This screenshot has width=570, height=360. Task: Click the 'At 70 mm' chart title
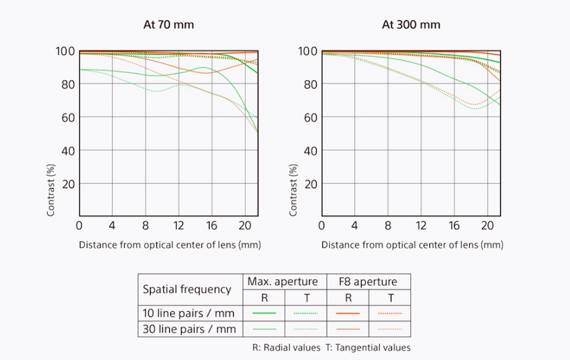point(168,25)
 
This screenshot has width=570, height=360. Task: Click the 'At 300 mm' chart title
point(410,25)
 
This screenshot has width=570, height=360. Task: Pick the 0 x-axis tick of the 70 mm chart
point(79,225)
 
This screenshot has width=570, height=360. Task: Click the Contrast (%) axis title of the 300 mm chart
point(294,190)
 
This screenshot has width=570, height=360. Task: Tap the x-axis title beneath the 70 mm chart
point(170,244)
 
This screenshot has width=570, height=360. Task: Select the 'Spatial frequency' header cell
point(187,289)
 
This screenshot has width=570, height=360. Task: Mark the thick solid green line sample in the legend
point(263,313)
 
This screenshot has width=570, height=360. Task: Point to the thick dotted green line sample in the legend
point(305,313)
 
